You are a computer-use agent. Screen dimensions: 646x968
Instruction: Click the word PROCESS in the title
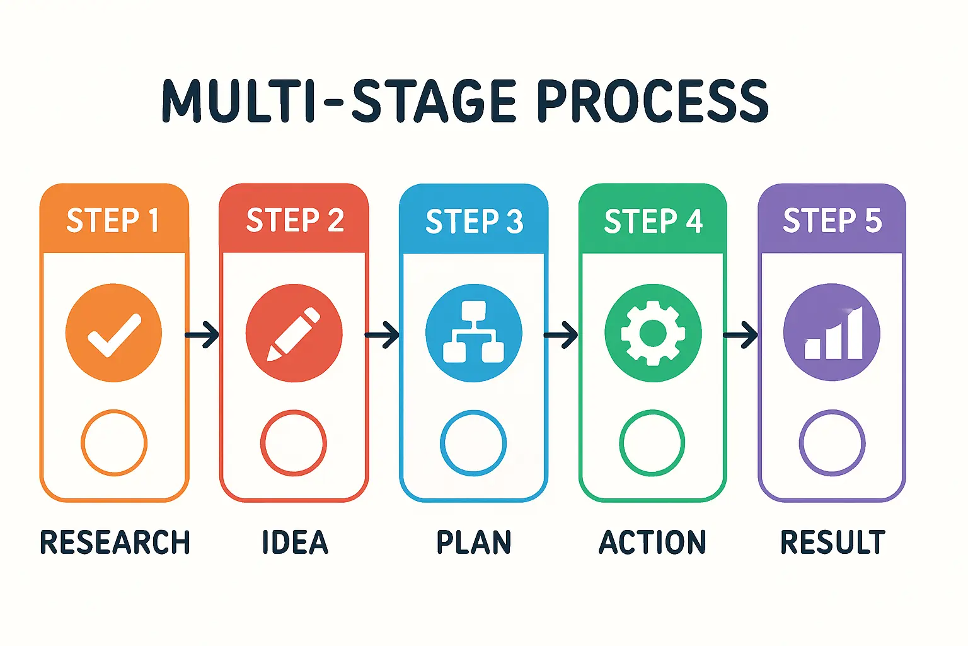click(x=653, y=101)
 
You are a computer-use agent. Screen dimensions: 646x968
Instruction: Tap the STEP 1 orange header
click(x=113, y=220)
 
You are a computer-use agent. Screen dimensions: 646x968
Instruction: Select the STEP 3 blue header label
click(x=474, y=221)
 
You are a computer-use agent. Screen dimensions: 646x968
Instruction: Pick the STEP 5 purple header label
click(x=832, y=220)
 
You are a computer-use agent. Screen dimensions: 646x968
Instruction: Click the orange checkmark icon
click(x=114, y=333)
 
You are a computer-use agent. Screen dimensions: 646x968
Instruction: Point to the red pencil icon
click(x=294, y=333)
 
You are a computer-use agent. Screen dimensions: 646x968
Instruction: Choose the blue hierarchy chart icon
click(x=474, y=333)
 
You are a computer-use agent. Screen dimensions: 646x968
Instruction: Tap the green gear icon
click(x=653, y=333)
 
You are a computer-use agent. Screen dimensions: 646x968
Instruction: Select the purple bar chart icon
click(x=832, y=333)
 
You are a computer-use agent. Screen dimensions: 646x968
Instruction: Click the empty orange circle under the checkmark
click(x=114, y=442)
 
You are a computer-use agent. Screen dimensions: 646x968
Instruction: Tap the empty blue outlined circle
click(x=473, y=442)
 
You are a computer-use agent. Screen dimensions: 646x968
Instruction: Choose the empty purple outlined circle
click(x=832, y=442)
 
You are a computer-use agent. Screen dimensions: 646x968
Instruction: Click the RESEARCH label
click(x=115, y=543)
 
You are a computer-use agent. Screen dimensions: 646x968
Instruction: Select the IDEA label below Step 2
click(x=295, y=543)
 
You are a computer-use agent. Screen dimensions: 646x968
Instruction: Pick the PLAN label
click(x=474, y=543)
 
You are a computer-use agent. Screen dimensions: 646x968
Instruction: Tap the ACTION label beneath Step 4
click(x=653, y=543)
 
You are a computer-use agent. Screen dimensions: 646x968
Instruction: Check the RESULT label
click(x=833, y=543)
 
